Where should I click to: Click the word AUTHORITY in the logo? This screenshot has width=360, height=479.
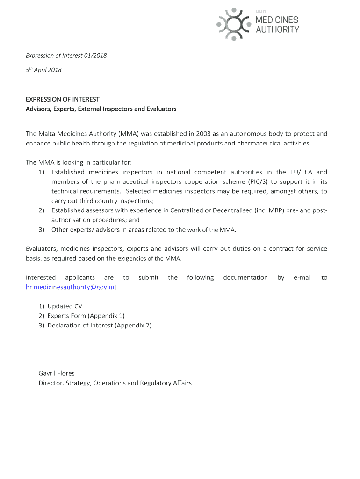[x=277, y=29]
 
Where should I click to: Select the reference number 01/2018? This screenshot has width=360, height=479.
[x=95, y=56]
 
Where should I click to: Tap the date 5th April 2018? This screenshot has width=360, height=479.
[x=43, y=70]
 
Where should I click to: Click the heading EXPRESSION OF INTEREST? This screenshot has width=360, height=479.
[x=62, y=99]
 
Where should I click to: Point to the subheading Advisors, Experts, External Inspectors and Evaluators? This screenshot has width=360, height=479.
[x=101, y=109]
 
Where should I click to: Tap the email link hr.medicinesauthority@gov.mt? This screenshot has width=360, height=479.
[x=71, y=287]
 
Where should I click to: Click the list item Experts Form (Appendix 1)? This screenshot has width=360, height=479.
[x=86, y=316]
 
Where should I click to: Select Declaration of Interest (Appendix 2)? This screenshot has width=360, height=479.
[x=99, y=326]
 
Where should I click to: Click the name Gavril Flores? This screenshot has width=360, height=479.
[x=57, y=373]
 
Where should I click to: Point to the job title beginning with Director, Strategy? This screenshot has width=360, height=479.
[x=115, y=383]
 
